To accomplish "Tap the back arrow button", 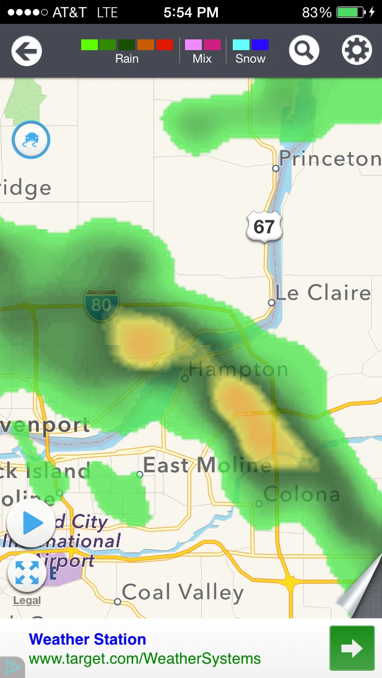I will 26,51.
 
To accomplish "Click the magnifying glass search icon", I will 304,51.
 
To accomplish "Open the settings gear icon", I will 356,51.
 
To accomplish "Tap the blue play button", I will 30,523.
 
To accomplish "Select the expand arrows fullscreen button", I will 27,572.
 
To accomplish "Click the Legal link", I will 27,600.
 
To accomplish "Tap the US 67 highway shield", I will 264,226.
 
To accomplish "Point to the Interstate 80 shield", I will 101,304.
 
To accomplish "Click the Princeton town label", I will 329,159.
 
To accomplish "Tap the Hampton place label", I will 238,369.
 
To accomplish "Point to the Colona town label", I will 301,494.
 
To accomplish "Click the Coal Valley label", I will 183,592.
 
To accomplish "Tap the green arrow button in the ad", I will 352,648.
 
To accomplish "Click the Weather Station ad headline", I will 87,639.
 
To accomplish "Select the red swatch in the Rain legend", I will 165,45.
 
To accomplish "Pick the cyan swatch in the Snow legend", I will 241,45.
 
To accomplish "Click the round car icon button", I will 31,140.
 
